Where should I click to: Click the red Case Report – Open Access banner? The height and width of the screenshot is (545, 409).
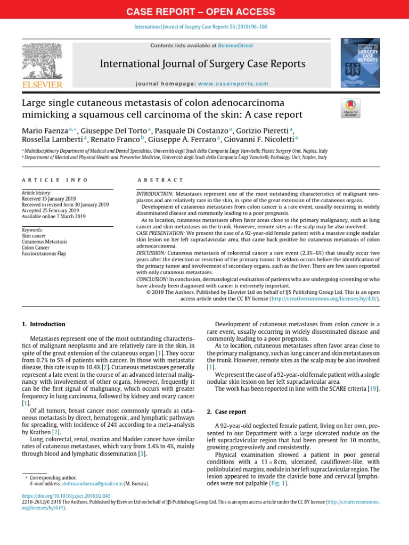[204, 11]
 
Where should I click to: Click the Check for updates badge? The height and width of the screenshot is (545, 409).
[350, 108]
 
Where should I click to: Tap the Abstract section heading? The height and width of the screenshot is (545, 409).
[160, 180]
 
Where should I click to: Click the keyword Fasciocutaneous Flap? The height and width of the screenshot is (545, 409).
[44, 254]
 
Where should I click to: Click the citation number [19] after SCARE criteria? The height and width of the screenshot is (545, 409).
[373, 389]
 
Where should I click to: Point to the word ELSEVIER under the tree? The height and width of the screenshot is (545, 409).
[42, 84]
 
